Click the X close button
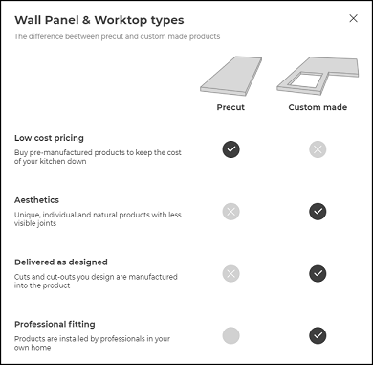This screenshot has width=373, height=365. click(x=354, y=18)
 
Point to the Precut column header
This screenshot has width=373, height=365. click(x=230, y=107)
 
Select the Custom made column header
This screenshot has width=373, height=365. click(x=318, y=107)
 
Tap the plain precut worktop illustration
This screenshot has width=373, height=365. click(x=230, y=74)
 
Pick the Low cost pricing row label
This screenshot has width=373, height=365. click(x=50, y=138)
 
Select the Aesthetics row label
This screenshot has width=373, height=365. click(x=37, y=199)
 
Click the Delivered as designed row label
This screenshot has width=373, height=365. click(x=61, y=262)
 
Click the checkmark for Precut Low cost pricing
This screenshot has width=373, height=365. click(x=230, y=148)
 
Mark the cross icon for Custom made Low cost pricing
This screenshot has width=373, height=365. click(x=318, y=148)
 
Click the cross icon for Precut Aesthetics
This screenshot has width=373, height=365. click(x=230, y=211)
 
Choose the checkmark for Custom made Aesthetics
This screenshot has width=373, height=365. click(x=318, y=211)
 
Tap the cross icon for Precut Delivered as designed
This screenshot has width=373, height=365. click(x=230, y=273)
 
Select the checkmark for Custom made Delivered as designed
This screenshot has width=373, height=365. click(x=318, y=273)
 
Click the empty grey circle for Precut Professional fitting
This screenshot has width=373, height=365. click(x=230, y=335)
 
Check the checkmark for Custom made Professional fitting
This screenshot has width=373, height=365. click(x=318, y=335)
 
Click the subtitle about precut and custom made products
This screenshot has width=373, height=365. click(x=117, y=37)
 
